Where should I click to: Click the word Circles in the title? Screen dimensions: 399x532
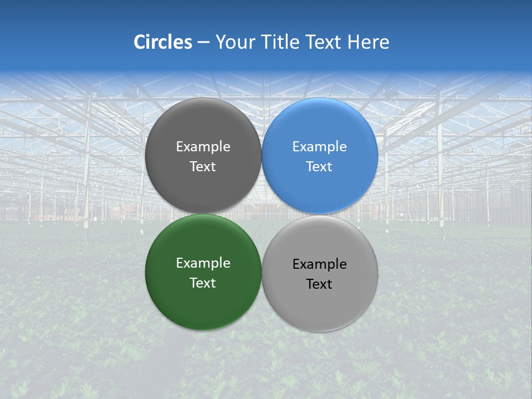(162, 42)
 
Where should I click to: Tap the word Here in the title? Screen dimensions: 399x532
(368, 42)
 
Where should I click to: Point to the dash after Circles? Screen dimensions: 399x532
(203, 43)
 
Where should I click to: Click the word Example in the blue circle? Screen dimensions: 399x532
(319, 147)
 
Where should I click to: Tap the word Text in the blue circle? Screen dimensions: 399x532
(319, 167)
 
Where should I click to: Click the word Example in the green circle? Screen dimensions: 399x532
(203, 263)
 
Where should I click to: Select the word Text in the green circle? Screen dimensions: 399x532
(203, 283)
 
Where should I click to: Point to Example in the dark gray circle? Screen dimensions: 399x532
(203, 147)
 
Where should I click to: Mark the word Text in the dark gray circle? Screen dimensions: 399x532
(203, 167)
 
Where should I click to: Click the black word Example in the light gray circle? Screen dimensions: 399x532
(319, 264)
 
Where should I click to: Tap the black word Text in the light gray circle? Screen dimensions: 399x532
(319, 284)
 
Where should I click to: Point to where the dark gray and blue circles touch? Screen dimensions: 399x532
(262, 156)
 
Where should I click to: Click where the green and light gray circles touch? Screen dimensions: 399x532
(262, 273)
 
